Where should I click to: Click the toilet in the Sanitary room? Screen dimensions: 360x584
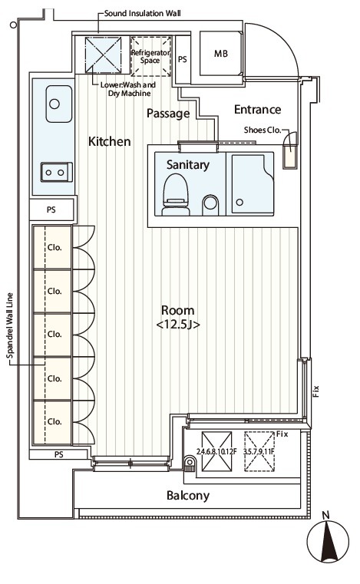pos(175,194)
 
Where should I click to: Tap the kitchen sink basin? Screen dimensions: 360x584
pos(59,104)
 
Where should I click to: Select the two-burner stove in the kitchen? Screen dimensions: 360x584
pos(57,172)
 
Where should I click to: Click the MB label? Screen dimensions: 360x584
pos(220,54)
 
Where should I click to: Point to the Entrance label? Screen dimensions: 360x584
pos(257,110)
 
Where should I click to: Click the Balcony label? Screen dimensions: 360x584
pos(188,496)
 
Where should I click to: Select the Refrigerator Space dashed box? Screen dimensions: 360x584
pos(151,56)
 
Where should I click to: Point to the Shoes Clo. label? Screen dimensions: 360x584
pos(263,130)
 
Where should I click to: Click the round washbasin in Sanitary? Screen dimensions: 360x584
pos(210,204)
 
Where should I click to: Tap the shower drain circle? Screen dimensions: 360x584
pos(239,203)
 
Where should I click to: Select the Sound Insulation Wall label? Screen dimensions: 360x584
pos(142,13)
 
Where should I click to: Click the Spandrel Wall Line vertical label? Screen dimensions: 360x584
pos(10,325)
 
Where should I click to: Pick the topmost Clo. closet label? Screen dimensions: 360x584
pos(54,248)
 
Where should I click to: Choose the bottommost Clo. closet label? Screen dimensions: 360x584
pos(54,421)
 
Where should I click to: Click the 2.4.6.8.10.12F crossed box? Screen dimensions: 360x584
pos(216,451)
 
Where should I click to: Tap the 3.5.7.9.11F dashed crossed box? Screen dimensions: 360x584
pos(259,451)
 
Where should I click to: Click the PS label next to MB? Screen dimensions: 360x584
pos(182,60)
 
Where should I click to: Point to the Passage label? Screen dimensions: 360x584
pos(168,114)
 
